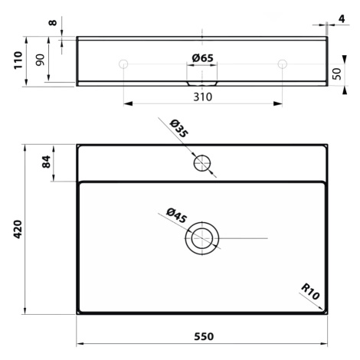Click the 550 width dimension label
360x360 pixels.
pyautogui.click(x=204, y=336)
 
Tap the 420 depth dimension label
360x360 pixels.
pyautogui.click(x=18, y=229)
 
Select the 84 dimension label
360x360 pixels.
pyautogui.click(x=46, y=162)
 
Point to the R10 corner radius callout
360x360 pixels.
pyautogui.click(x=310, y=292)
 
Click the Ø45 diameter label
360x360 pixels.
pyautogui.click(x=177, y=215)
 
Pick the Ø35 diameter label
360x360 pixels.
pyautogui.click(x=179, y=129)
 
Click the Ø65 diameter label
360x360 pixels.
pyautogui.click(x=202, y=58)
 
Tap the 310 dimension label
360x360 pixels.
pyautogui.click(x=203, y=97)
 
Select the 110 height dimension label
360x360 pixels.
pyautogui.click(x=18, y=61)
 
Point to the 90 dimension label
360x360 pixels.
pyautogui.click(x=40, y=60)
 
